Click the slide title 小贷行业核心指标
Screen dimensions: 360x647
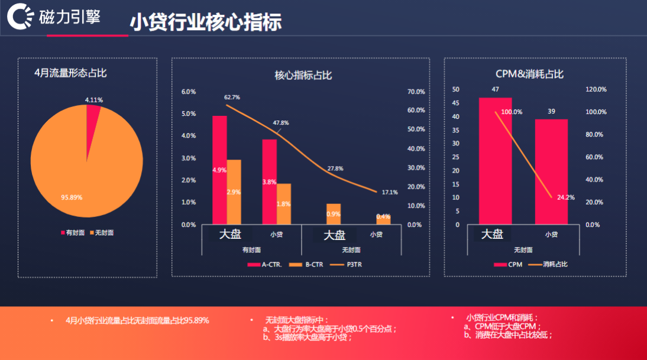tap(205, 21)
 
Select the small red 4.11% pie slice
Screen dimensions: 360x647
tap(93, 116)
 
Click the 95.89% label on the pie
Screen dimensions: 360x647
tap(72, 196)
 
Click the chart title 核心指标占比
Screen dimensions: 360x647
tap(303, 75)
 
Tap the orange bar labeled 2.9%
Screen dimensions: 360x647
tap(234, 192)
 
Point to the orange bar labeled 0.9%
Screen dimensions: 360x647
tap(334, 213)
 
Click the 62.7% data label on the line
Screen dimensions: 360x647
tap(232, 97)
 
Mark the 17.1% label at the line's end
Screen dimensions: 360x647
tap(390, 192)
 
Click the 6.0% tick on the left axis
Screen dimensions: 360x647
tap(189, 92)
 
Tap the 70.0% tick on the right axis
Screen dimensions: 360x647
tap(416, 92)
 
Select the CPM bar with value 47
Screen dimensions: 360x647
tap(495, 161)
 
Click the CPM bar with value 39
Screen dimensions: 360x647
tap(551, 171)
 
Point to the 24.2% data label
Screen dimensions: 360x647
tap(565, 197)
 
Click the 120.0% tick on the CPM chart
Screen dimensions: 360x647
tap(596, 89)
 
